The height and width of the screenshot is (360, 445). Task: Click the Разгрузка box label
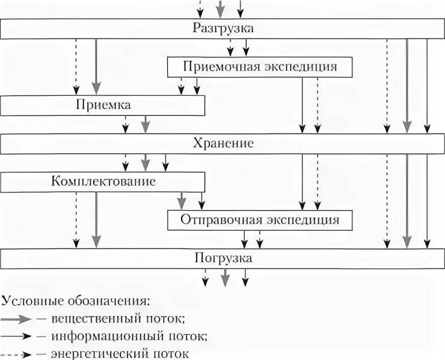[223, 28]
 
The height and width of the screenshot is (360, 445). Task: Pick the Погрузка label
[223, 258]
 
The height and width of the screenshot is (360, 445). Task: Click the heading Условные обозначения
[76, 299]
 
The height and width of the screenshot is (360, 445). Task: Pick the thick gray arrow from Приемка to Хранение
[144, 123]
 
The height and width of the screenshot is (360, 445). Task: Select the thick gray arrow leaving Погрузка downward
[225, 278]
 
